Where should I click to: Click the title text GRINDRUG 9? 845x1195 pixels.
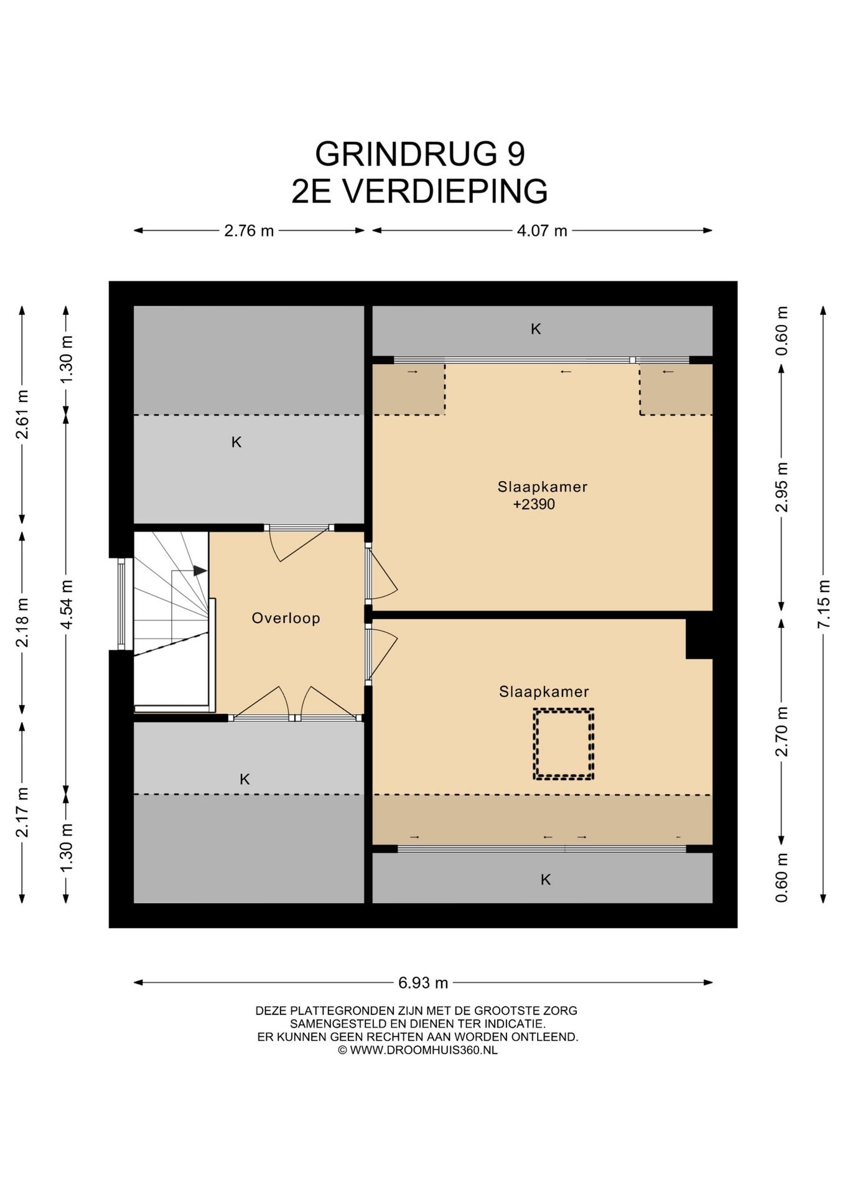pyautogui.click(x=420, y=153)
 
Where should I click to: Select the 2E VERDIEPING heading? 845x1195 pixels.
pyautogui.click(x=420, y=190)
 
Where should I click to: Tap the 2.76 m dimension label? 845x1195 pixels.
pyautogui.click(x=249, y=231)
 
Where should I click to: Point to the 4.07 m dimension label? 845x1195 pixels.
pyautogui.click(x=542, y=231)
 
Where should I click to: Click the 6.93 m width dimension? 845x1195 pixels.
pyautogui.click(x=423, y=983)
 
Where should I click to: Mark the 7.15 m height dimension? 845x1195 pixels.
pyautogui.click(x=824, y=604)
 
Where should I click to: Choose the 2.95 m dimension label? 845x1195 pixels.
pyautogui.click(x=782, y=487)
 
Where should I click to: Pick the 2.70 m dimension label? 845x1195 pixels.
pyautogui.click(x=782, y=732)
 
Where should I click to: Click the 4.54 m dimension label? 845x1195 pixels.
pyautogui.click(x=67, y=604)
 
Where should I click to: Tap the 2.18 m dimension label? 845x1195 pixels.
pyautogui.click(x=22, y=622)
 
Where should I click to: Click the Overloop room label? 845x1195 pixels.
pyautogui.click(x=286, y=618)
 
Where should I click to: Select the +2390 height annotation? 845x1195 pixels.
pyautogui.click(x=534, y=504)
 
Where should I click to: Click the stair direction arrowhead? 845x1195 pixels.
pyautogui.click(x=200, y=570)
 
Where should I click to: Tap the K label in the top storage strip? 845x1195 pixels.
pyautogui.click(x=536, y=329)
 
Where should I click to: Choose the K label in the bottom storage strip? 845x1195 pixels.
pyautogui.click(x=546, y=879)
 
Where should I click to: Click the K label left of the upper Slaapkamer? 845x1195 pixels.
pyautogui.click(x=236, y=442)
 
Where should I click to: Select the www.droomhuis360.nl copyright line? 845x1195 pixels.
pyautogui.click(x=418, y=1050)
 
